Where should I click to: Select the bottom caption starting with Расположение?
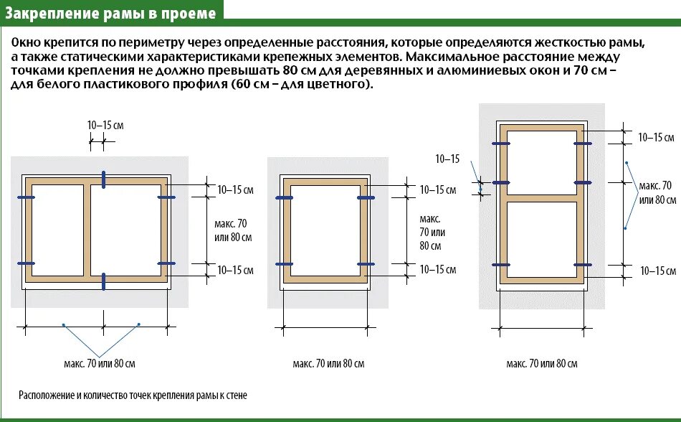tap(133, 395)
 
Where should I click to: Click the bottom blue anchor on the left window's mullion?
tap(104, 281)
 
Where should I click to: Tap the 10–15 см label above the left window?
tap(105, 125)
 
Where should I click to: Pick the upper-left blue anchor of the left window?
tap(26, 197)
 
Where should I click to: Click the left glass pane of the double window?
tap(58, 230)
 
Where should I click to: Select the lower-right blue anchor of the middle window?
tap(366, 264)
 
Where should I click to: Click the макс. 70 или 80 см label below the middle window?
tap(328, 364)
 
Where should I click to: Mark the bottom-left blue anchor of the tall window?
tap(500, 265)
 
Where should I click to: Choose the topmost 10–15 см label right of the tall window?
tap(656, 137)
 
